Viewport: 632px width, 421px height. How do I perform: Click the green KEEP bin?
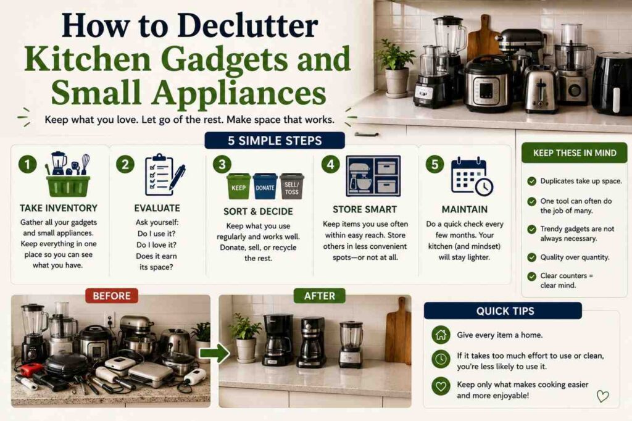(238, 186)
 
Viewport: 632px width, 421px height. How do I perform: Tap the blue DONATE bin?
(265, 186)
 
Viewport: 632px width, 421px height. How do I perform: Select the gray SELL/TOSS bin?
(292, 186)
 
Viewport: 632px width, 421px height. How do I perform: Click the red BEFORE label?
(112, 296)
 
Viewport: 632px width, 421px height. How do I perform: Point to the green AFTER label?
(319, 296)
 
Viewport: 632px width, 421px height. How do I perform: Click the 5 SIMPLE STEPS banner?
(275, 140)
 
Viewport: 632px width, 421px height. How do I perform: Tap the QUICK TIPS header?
(502, 311)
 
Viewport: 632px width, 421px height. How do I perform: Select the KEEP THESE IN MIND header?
(575, 153)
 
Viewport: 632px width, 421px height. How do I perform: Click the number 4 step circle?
(331, 164)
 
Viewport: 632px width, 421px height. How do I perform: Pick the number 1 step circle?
(27, 164)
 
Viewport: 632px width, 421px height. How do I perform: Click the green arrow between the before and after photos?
(214, 354)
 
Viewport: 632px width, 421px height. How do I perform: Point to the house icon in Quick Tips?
(441, 335)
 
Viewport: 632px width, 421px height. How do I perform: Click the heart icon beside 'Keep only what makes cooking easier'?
(441, 386)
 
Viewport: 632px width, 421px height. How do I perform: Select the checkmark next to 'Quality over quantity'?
(531, 257)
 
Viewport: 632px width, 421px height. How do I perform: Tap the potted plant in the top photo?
(396, 69)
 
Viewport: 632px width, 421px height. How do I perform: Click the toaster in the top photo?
(541, 89)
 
